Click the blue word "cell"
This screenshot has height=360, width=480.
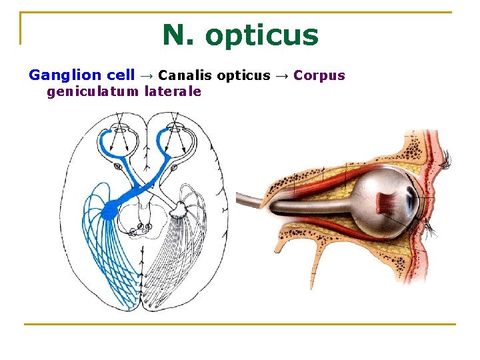(x=121, y=75)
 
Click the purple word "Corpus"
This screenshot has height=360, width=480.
(x=319, y=75)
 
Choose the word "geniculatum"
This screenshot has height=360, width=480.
(x=93, y=91)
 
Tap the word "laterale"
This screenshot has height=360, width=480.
(x=173, y=91)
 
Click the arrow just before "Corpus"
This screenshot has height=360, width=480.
(x=282, y=75)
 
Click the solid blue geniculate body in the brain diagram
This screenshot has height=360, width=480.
(x=109, y=209)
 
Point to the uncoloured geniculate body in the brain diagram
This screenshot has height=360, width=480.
(x=179, y=211)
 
